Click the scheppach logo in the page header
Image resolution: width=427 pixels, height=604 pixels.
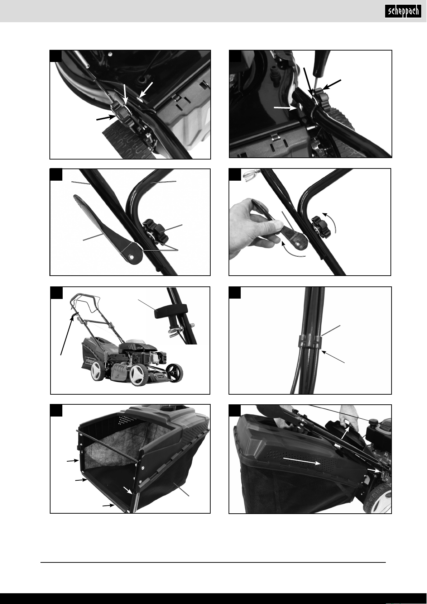click(403, 12)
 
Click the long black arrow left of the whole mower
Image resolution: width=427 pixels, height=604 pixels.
click(67, 336)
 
